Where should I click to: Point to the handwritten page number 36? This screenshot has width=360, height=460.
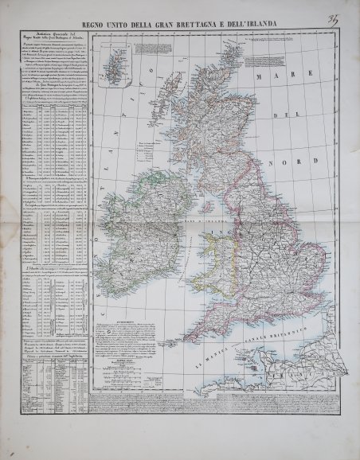click(x=350, y=10)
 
